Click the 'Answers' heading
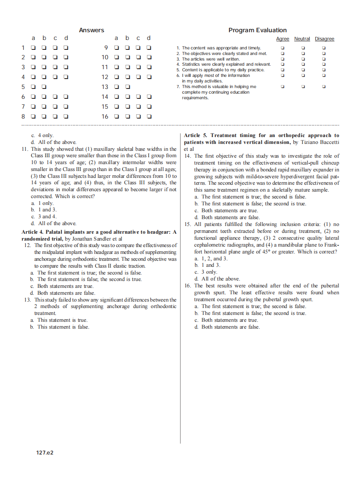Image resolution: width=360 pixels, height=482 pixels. [92, 30]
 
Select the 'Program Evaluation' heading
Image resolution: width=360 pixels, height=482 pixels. [257, 30]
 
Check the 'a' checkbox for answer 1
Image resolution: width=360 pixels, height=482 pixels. [33, 48]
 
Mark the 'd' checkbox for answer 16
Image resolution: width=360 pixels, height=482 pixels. [149, 116]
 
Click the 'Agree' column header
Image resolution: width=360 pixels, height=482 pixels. [282, 39]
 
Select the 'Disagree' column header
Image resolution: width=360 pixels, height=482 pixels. [324, 39]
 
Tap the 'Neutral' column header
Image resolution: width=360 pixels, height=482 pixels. [302, 39]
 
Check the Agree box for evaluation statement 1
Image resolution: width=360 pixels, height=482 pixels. [282, 48]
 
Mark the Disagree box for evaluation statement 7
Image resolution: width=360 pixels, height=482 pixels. [324, 87]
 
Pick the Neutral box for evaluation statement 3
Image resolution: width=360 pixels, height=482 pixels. [303, 59]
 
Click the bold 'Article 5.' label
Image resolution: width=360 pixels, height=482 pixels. [196, 135]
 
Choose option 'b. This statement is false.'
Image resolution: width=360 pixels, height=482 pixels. [60, 327]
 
